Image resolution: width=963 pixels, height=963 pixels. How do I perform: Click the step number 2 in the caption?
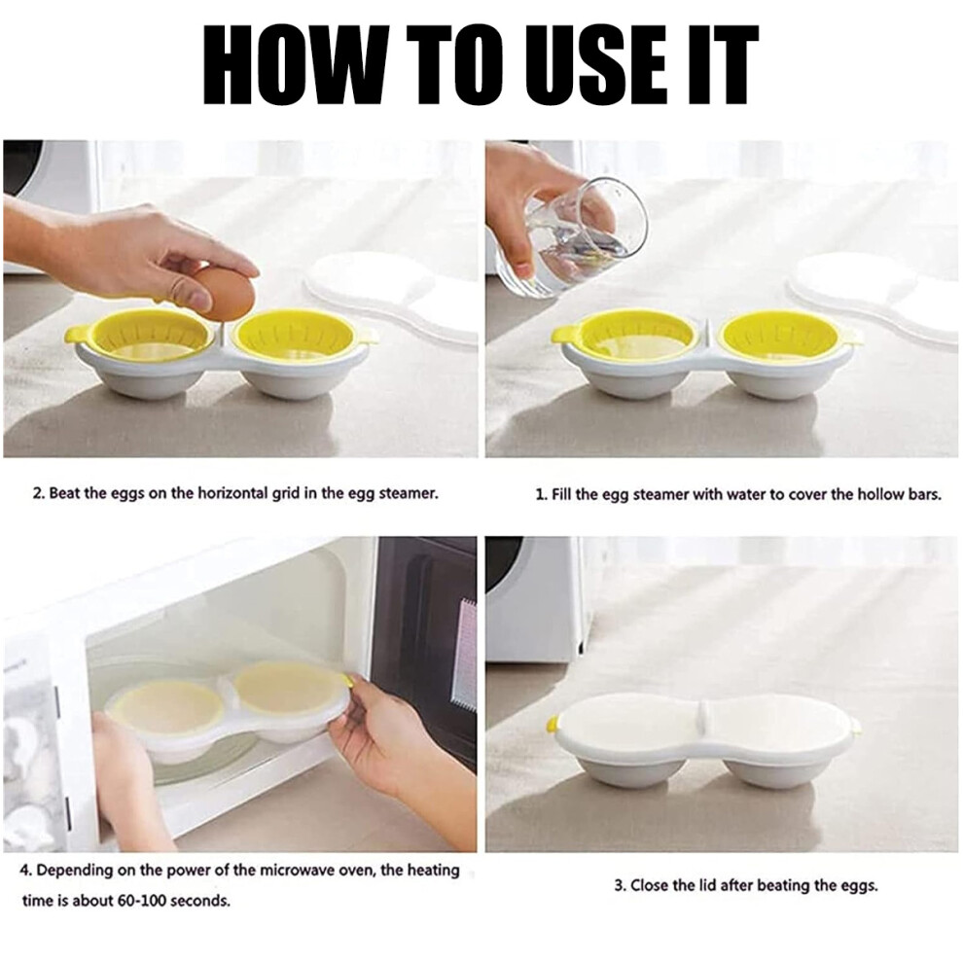click(x=36, y=493)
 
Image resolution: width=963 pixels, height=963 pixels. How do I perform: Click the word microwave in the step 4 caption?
click(x=294, y=871)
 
